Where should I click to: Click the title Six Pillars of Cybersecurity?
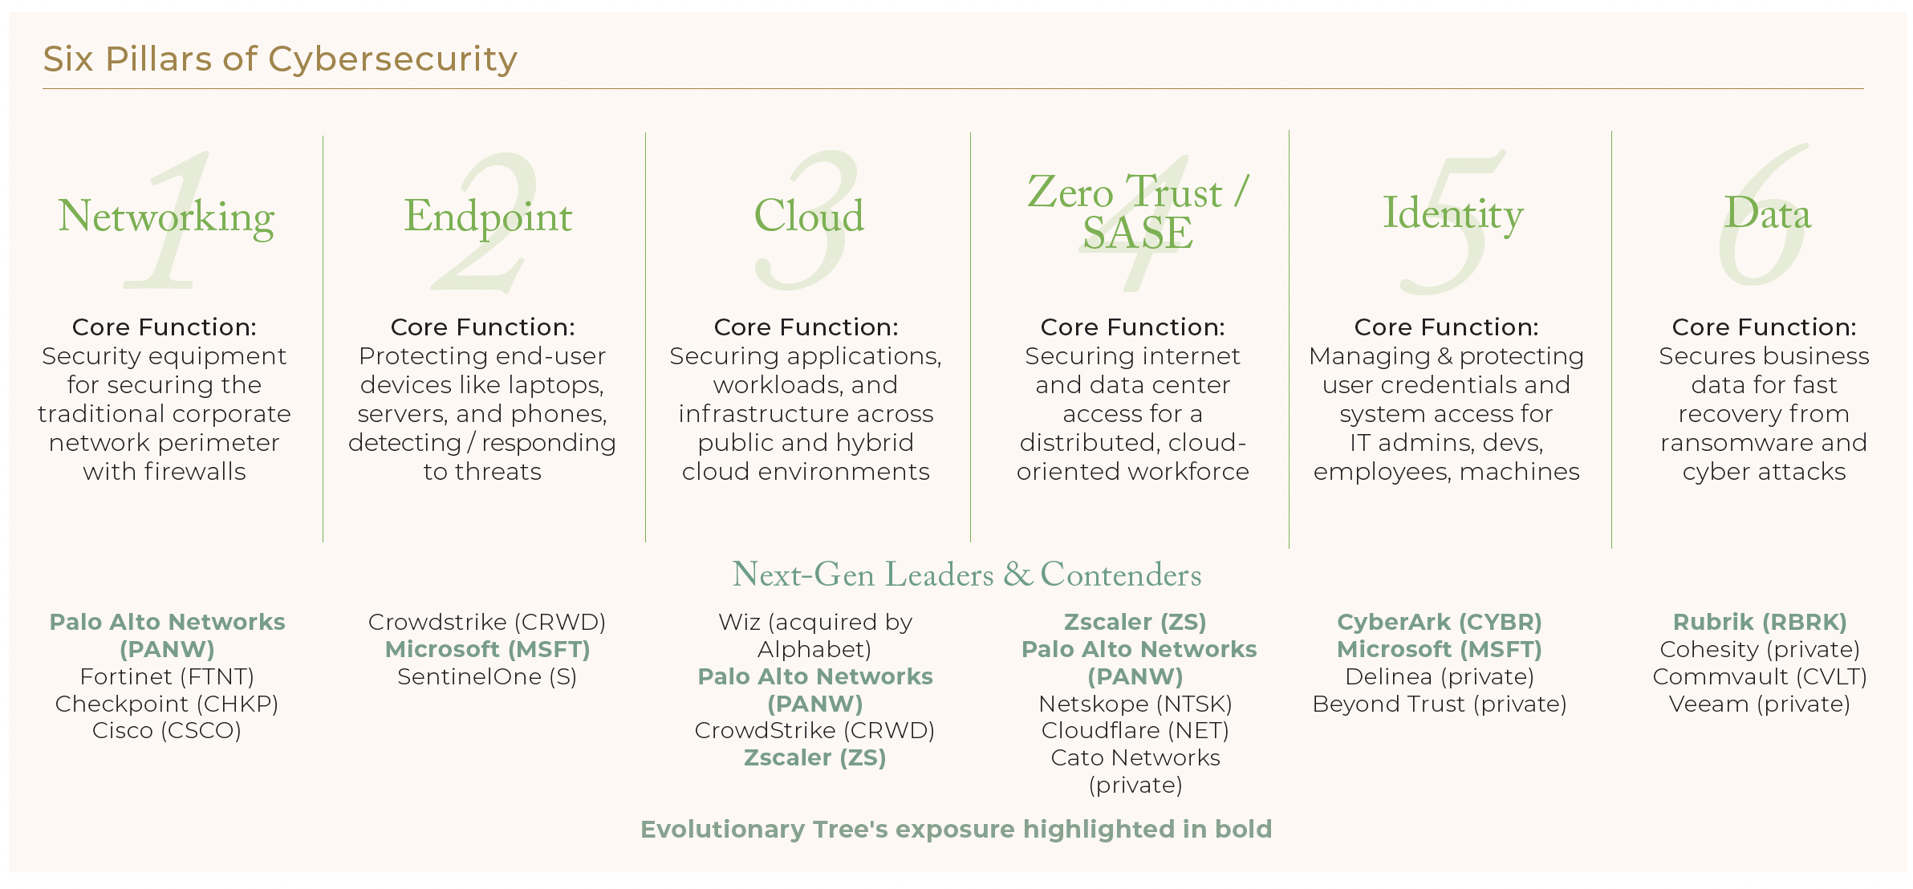(280, 59)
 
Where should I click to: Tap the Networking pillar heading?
(166, 217)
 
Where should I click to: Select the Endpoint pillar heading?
(488, 217)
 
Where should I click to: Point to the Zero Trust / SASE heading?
(1138, 212)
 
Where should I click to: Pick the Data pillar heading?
(1768, 213)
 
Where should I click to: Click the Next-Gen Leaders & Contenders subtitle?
(967, 574)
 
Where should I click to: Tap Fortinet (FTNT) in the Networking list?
(167, 676)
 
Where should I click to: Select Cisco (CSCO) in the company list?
(167, 730)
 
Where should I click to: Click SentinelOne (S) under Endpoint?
(487, 676)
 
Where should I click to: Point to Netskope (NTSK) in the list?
(1135, 704)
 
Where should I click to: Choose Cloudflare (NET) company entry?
(1135, 730)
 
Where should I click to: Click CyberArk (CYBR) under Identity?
(1440, 622)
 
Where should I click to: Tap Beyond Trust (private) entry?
(1440, 704)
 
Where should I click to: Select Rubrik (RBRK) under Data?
(1760, 622)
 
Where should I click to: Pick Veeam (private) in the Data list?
(1760, 704)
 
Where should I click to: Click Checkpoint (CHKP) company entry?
(167, 704)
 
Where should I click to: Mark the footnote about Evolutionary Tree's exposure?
(956, 829)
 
